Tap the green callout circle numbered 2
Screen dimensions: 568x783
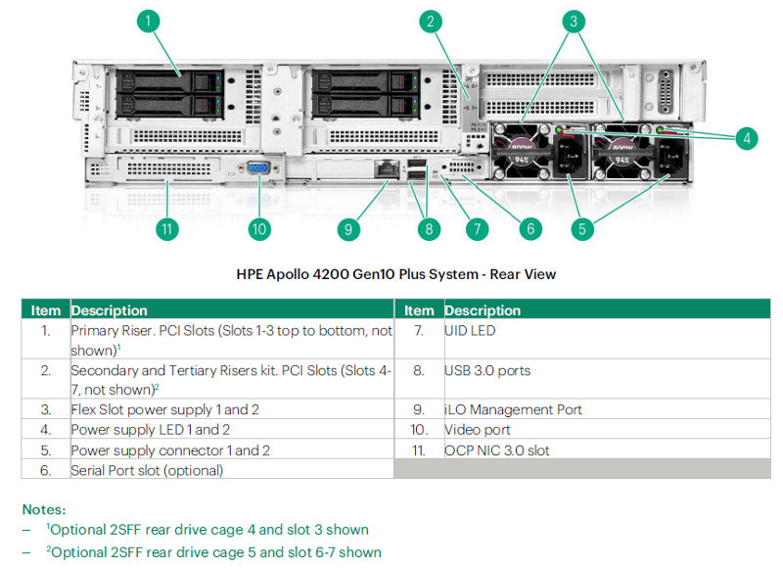432,21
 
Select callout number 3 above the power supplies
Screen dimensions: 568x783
576,21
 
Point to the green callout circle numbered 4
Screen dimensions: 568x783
747,138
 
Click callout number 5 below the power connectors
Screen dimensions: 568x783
582,229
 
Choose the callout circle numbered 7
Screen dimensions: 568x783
477,229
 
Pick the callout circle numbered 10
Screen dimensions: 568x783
258,229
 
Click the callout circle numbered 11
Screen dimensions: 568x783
167,229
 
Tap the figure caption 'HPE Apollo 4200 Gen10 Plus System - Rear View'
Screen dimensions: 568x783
396,274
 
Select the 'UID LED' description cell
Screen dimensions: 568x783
470,331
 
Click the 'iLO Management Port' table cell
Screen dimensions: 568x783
500,409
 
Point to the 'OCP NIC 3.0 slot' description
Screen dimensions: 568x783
495,450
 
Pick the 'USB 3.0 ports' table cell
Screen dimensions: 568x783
486,371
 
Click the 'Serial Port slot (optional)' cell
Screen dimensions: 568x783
147,470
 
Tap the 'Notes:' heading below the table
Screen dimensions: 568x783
44,509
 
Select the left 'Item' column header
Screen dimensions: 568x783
45,310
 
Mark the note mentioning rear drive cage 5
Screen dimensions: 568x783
215,551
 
